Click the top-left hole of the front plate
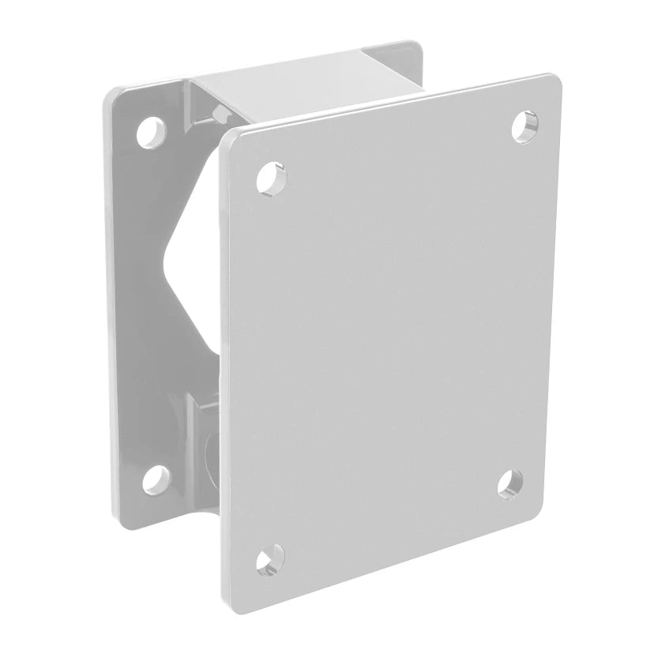point(270,178)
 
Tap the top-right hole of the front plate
point(524,126)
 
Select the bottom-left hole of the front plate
point(270,560)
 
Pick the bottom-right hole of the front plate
point(511,483)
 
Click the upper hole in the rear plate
point(151,132)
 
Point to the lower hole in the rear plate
point(157,479)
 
